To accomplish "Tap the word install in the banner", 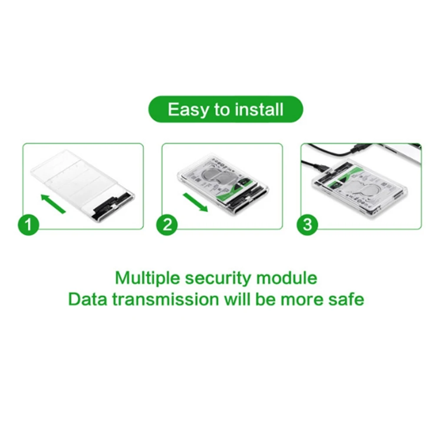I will (x=259, y=109).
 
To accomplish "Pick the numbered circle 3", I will (x=307, y=226).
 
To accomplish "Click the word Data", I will (x=86, y=299).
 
